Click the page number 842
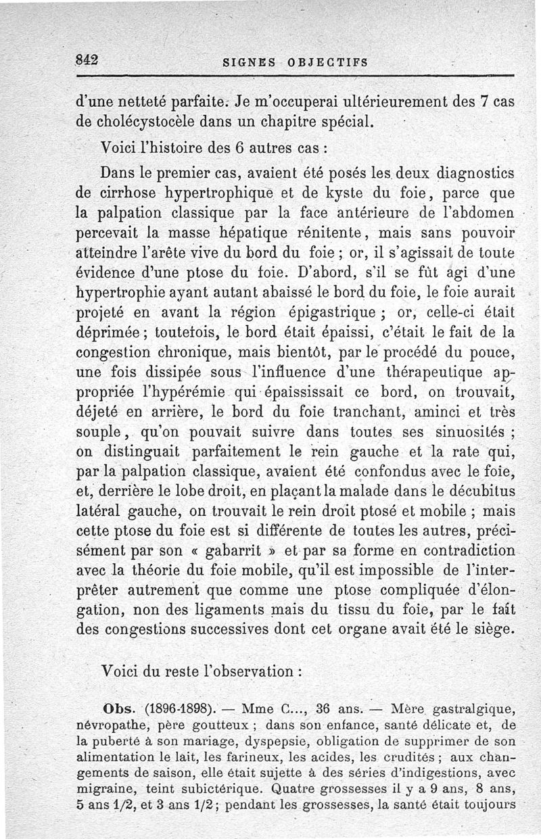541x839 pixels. click(x=87, y=58)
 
